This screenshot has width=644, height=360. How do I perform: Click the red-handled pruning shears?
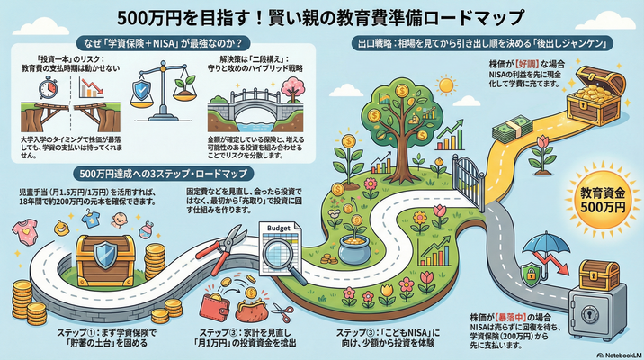coord(235,243)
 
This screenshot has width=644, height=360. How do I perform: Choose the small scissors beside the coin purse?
coord(282,312)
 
